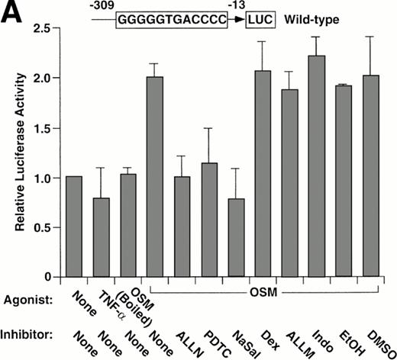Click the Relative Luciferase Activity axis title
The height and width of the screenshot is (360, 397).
click(x=13, y=153)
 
